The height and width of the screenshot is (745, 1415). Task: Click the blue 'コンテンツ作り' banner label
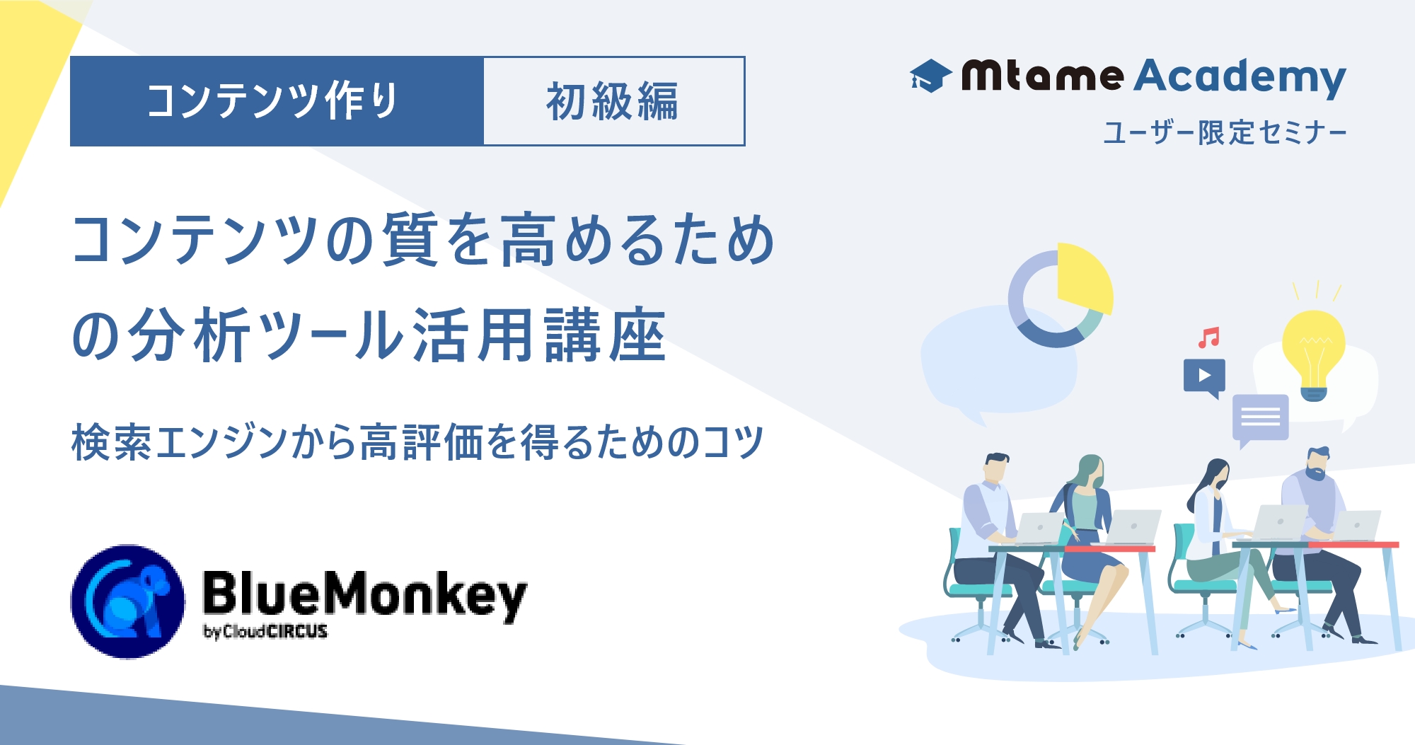(277, 101)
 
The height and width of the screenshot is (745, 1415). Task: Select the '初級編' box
(614, 101)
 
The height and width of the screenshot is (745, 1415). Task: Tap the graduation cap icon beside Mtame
(930, 76)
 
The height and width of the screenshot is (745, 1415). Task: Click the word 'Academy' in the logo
(1240, 77)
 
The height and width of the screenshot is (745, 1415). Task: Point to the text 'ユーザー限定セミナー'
(1225, 132)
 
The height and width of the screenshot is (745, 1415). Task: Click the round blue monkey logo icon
(127, 601)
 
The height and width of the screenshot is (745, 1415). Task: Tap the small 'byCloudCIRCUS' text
(265, 631)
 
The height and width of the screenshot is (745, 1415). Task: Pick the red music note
(1208, 337)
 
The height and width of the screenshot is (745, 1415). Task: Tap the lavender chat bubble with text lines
(1260, 420)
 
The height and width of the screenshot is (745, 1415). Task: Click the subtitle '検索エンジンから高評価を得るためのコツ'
(417, 442)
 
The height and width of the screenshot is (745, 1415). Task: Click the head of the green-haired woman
(1090, 473)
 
